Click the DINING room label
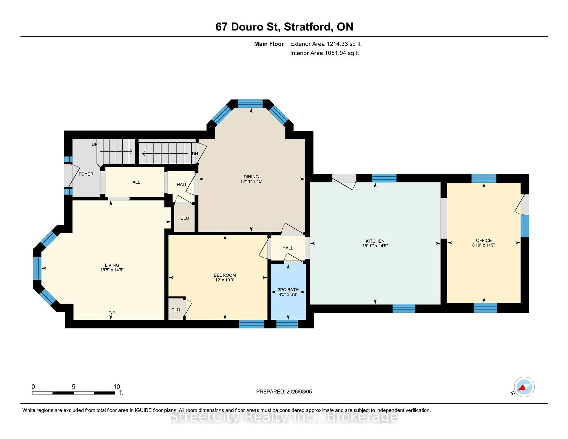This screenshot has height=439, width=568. click(251, 177)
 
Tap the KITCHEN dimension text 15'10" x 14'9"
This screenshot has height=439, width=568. click(375, 246)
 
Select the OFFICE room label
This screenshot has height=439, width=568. click(484, 240)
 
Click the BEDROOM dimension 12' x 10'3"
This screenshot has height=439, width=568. click(225, 280)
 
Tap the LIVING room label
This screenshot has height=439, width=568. click(112, 265)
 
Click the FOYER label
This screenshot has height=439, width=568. click(86, 174)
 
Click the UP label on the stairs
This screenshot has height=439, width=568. click(94, 144)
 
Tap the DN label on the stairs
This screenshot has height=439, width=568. click(195, 154)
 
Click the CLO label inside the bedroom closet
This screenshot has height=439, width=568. click(176, 309)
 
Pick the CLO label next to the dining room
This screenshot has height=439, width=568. click(185, 218)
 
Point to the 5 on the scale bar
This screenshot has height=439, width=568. click(74, 387)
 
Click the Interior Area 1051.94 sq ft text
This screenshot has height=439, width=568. click(324, 53)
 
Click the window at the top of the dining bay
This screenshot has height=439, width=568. click(250, 104)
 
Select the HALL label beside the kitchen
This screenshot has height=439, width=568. click(288, 248)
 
